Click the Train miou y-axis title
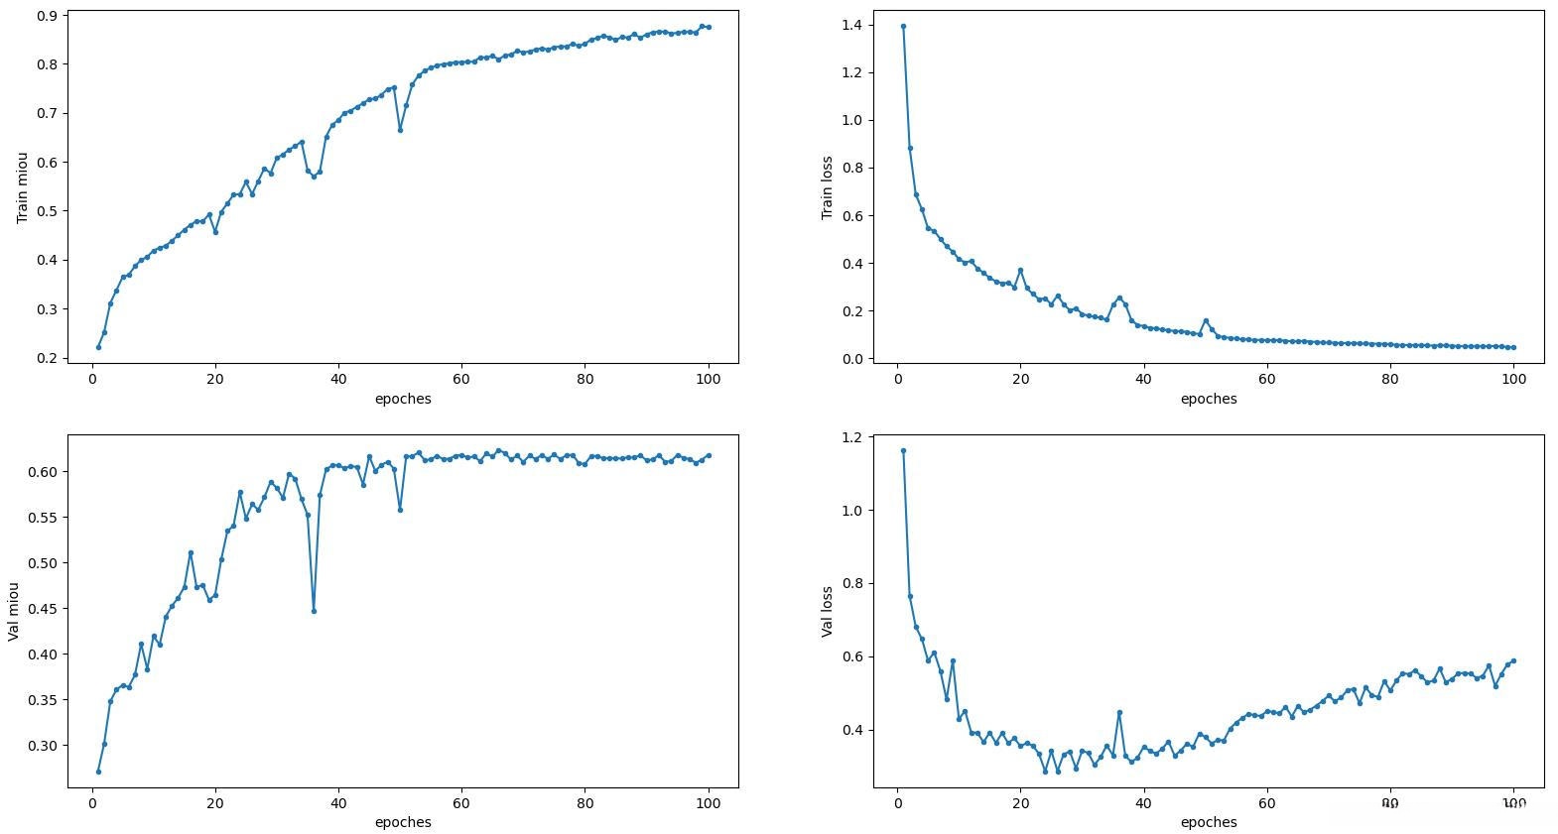[22, 186]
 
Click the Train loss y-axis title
[827, 186]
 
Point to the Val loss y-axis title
[827, 610]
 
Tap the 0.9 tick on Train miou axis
[46, 16]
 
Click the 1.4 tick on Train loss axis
[851, 25]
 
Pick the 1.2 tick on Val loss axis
[851, 437]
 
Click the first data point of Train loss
[903, 26]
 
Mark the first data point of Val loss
[903, 450]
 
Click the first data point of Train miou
[98, 347]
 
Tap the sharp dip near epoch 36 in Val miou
[314, 611]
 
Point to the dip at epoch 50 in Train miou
[400, 130]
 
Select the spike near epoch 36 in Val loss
[1119, 712]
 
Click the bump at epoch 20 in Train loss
[1020, 270]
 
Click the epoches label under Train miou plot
[403, 399]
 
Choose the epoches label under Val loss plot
[1209, 822]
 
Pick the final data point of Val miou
[709, 455]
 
